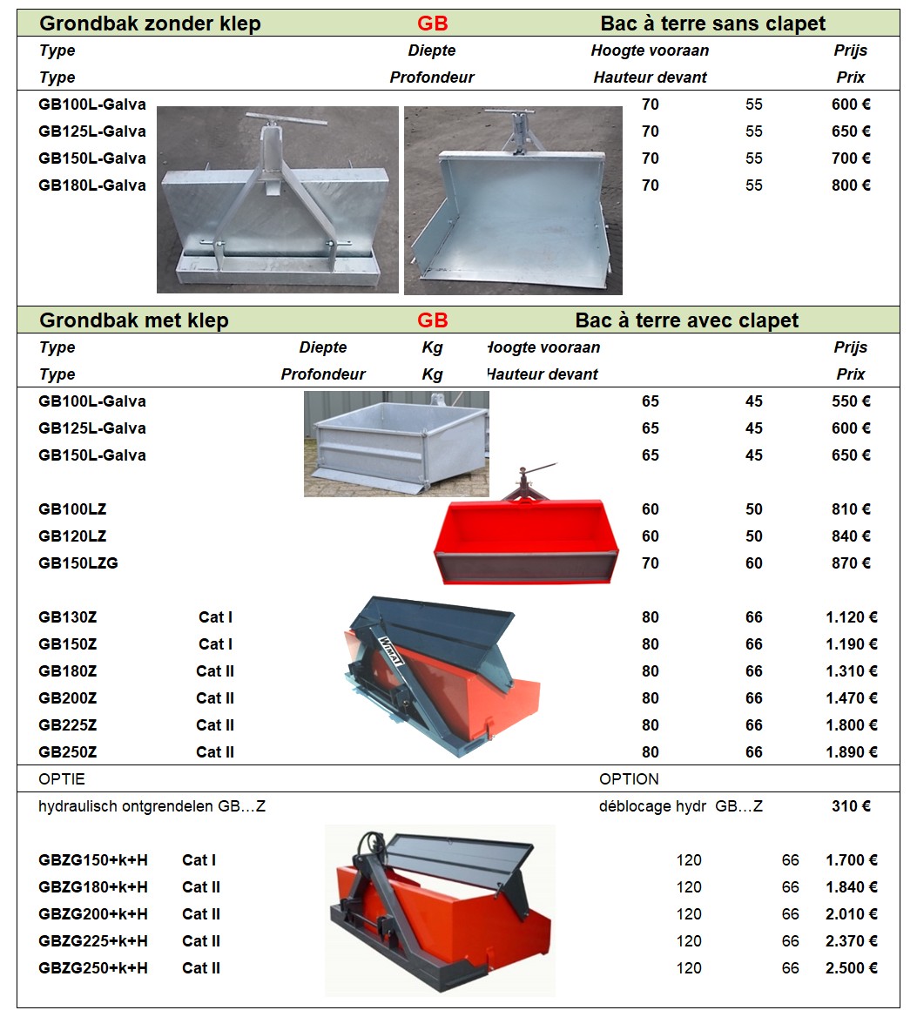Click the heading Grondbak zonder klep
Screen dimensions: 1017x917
tap(150, 24)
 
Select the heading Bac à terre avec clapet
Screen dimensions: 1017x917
tap(686, 320)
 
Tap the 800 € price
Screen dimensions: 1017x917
tap(850, 185)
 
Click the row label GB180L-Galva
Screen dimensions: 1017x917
tap(92, 185)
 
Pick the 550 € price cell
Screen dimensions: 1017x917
tap(850, 401)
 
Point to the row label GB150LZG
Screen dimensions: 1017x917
tap(78, 563)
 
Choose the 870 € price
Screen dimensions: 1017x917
tap(850, 563)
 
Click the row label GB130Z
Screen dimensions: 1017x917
tap(68, 617)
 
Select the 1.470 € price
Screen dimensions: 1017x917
tap(851, 698)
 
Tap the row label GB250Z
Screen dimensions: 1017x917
tap(68, 752)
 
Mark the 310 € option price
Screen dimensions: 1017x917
tap(850, 806)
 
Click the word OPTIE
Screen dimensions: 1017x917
tap(62, 778)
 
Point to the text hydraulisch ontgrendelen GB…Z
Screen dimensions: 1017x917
tap(152, 806)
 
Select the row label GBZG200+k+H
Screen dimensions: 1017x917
tap(93, 914)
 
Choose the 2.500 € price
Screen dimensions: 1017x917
tap(851, 968)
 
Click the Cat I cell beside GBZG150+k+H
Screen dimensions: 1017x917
tap(199, 860)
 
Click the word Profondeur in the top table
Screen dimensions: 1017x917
tap(432, 77)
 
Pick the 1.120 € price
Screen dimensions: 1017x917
tap(851, 617)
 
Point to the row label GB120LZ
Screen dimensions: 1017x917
tap(72, 536)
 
